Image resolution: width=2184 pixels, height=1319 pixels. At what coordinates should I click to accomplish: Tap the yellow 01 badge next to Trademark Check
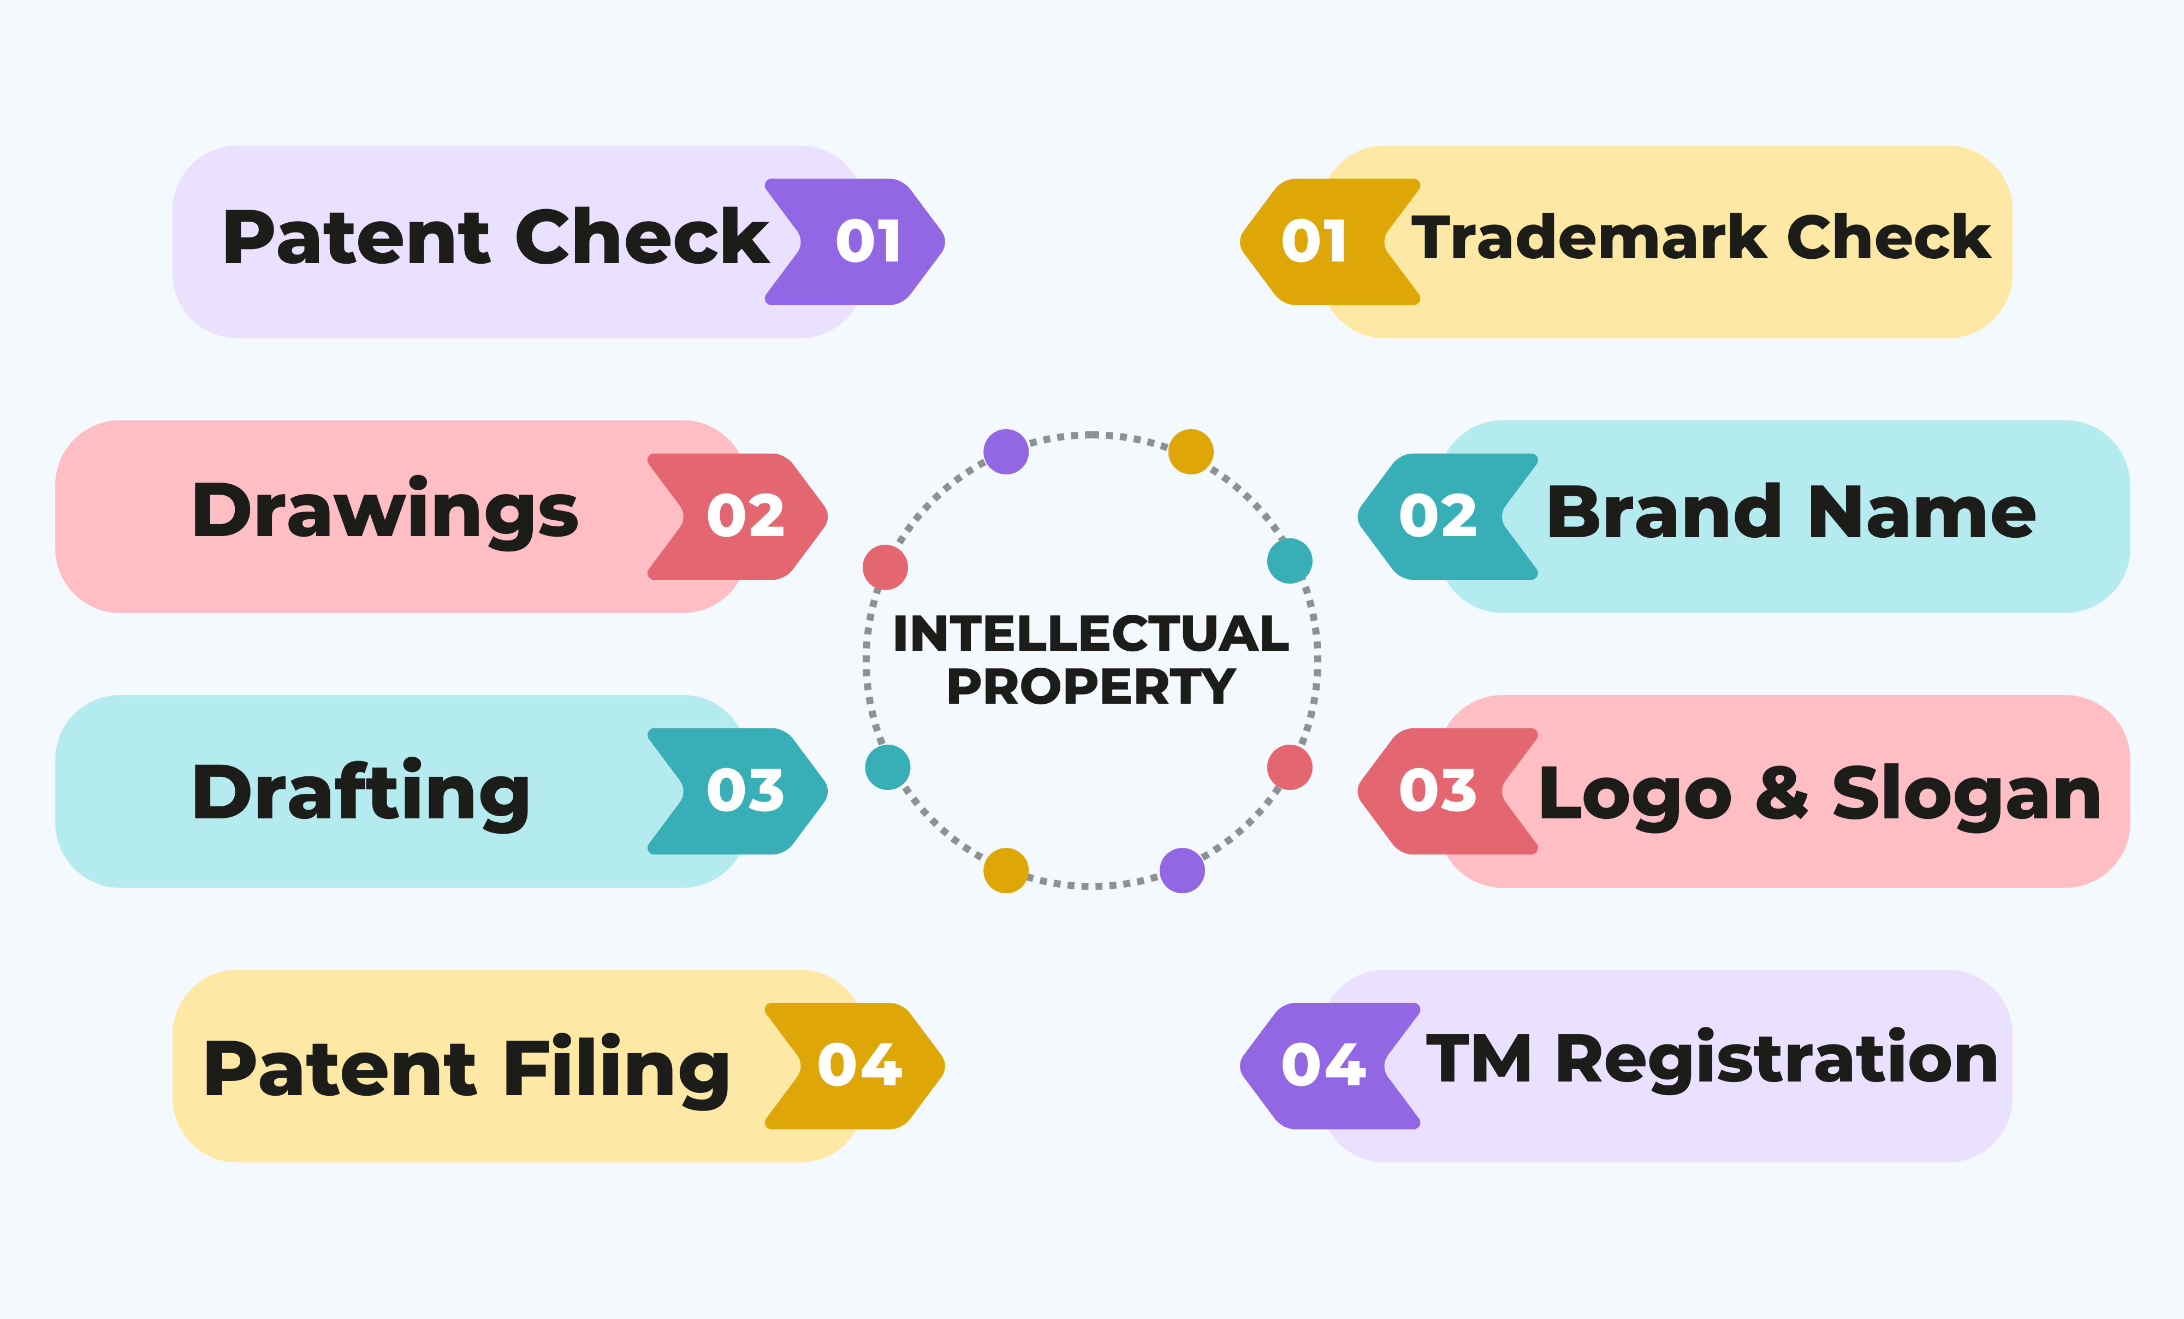click(1330, 242)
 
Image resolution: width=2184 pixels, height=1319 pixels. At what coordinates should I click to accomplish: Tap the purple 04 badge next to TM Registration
click(1330, 1066)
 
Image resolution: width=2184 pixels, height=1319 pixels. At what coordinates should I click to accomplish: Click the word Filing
click(617, 1069)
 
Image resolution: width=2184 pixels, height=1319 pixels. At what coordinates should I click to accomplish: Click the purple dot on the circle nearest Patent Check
click(1006, 452)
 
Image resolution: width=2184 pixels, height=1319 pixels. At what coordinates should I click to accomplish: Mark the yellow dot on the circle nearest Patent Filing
click(1006, 870)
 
